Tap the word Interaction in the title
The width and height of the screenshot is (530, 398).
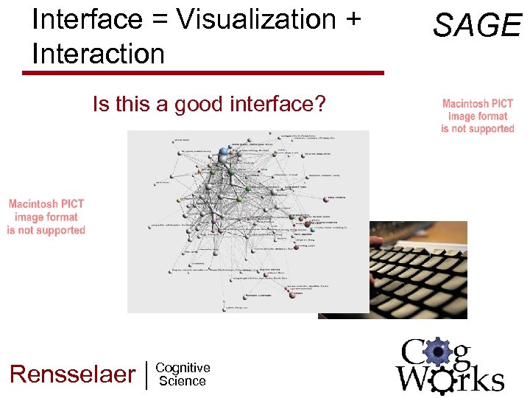point(98,54)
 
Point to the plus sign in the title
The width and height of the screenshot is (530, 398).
point(351,21)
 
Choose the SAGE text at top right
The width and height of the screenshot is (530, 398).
point(476,26)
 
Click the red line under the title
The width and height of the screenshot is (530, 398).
point(203,73)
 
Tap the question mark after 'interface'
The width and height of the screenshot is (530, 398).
point(319,105)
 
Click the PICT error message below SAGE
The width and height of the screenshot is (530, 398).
point(478,116)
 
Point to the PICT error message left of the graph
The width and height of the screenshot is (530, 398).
point(46,217)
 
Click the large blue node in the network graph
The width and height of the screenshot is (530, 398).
point(224,153)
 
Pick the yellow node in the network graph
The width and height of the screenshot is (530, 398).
point(178,199)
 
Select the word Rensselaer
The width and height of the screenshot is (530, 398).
point(72,374)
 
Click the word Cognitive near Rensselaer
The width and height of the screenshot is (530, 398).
point(183,368)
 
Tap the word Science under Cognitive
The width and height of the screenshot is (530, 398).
point(183,381)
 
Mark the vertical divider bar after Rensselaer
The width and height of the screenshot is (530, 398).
point(148,374)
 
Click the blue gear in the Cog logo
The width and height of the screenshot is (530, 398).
point(439,353)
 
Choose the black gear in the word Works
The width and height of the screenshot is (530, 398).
point(442,380)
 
